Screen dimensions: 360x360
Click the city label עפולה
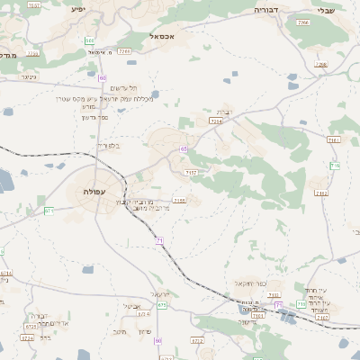click(92, 192)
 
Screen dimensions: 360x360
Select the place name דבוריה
click(267, 10)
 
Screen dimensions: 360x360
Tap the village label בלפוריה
click(107, 145)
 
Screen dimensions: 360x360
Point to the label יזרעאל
click(161, 294)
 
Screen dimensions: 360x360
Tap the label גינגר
click(27, 77)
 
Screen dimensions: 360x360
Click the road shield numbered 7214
click(215, 121)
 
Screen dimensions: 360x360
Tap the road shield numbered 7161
click(334, 140)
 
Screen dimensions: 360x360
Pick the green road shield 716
click(335, 165)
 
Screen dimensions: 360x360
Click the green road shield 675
click(162, 305)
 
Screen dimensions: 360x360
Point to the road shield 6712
click(197, 342)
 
